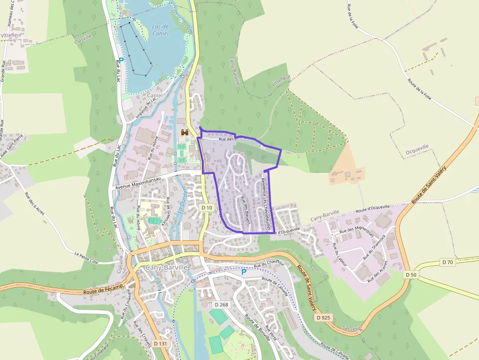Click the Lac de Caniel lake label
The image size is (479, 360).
(160, 30)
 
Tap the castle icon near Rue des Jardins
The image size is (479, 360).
(185, 132)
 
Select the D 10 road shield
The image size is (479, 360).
(207, 208)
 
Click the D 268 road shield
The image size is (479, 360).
(221, 305)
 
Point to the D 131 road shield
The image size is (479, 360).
(160, 343)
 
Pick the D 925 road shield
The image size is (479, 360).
(324, 318)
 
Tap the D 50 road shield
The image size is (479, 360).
(411, 275)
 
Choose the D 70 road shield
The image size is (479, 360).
(448, 262)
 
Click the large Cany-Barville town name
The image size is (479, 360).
(167, 268)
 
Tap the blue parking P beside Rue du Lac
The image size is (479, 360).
(121, 60)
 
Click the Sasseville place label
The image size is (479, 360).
(353, 328)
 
